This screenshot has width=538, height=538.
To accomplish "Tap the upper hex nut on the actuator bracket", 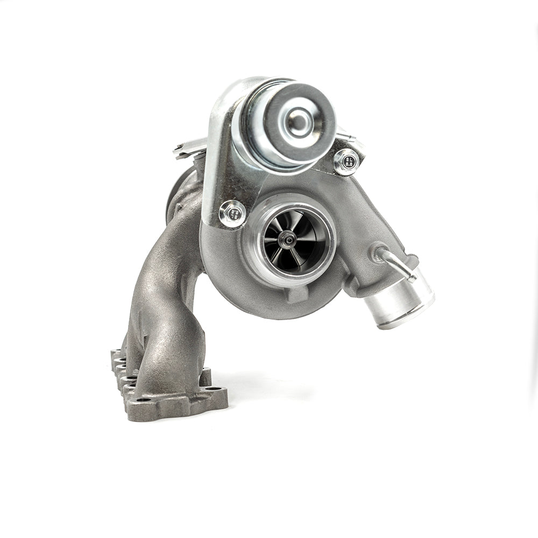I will (x=346, y=160).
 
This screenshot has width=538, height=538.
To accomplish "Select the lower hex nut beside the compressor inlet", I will (x=232, y=214).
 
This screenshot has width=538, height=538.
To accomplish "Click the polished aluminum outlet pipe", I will (x=401, y=299).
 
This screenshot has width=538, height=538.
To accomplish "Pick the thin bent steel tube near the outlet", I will (x=398, y=264).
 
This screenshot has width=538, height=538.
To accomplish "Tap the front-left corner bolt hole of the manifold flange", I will (x=141, y=399).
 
